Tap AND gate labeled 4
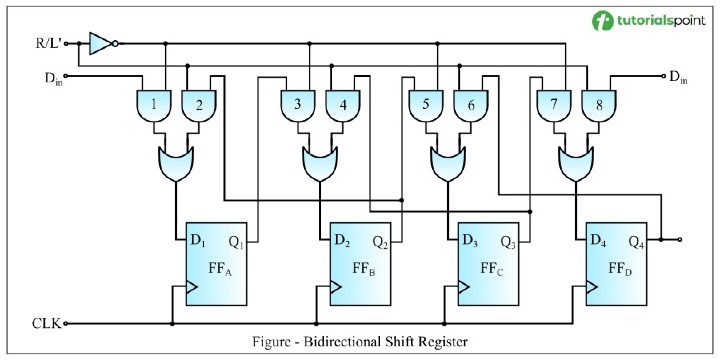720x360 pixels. pos(344,103)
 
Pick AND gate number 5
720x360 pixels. pos(424,103)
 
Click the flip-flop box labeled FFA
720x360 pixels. pos(216,265)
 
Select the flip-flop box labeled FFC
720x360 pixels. pos(488,265)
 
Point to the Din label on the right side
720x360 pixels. pos(678,76)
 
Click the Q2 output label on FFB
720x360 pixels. pos(381,242)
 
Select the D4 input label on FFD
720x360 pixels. pos(600,242)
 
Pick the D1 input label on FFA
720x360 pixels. pos(198,242)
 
